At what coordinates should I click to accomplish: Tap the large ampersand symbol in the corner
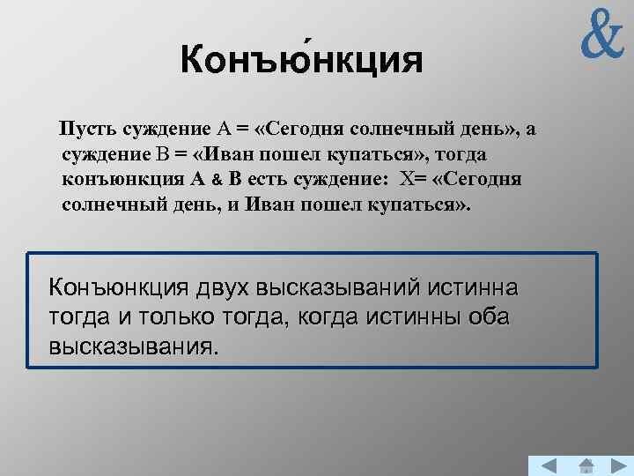click(601, 34)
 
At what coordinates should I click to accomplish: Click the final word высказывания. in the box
click(132, 345)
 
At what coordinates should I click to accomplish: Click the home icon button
click(586, 465)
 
